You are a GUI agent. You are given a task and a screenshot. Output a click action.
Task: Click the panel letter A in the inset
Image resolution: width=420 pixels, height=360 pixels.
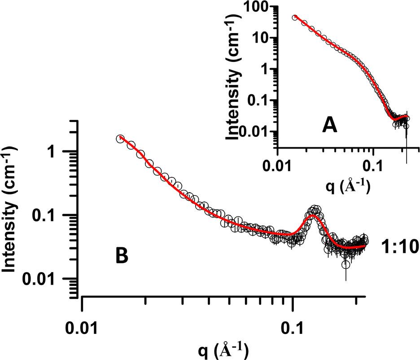(330, 126)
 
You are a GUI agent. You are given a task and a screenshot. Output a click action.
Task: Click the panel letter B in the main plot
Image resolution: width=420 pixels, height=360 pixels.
(122, 256)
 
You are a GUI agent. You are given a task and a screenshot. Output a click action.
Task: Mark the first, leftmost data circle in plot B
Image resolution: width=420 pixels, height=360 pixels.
(120, 139)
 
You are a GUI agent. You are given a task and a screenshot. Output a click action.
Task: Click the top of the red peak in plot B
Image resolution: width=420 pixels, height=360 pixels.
(313, 215)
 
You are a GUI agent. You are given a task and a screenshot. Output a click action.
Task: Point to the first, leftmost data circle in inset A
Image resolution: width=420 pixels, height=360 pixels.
(295, 18)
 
